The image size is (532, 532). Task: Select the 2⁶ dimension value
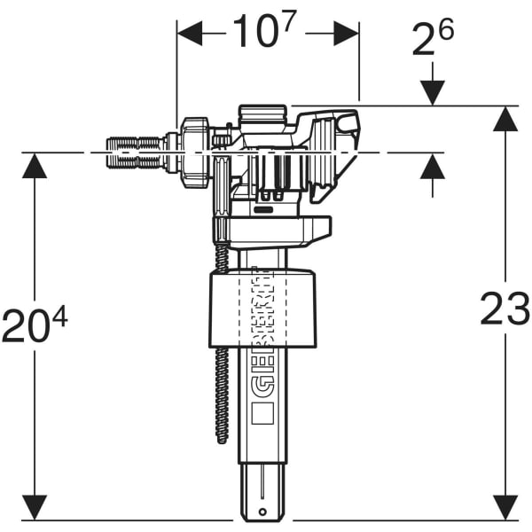pos(432,40)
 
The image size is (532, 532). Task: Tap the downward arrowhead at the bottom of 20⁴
pos(35,508)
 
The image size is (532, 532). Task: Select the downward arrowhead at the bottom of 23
pos(505,508)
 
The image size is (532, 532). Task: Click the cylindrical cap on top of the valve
pos(262,115)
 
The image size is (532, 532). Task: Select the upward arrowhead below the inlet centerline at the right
pos(432,166)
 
